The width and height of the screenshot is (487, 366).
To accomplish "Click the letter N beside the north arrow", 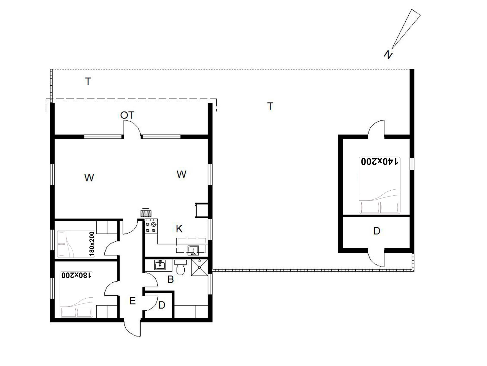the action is coord(388,55).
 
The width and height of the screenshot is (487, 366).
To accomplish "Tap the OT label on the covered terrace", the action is coord(127,115).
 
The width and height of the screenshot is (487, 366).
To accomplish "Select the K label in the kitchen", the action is coord(179,229).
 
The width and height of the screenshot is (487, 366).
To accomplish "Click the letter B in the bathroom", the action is coord(170,279).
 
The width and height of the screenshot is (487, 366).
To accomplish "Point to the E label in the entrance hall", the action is coord(132,301).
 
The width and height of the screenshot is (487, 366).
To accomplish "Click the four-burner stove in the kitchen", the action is coord(151,227).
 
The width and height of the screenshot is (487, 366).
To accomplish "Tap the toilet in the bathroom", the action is coord(180,267).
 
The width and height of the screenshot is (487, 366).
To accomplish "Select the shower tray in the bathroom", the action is coord(199,267).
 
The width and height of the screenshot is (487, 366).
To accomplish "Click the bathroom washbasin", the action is coord(160,265).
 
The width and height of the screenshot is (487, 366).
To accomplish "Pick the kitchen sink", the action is coord(193,250).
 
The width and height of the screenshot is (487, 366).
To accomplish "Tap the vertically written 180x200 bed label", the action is coord(92,243).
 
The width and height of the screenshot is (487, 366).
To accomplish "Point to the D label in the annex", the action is coord(377,231).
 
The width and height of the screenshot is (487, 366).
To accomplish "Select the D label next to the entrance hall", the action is coord(162,305).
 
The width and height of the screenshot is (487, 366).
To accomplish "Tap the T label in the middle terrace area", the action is coord(270,106).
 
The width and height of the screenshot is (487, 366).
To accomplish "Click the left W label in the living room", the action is coord(89,177).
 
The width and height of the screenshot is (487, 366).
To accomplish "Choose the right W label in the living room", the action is coord(181,174).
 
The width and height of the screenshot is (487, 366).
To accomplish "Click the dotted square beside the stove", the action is coord(146,213).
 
